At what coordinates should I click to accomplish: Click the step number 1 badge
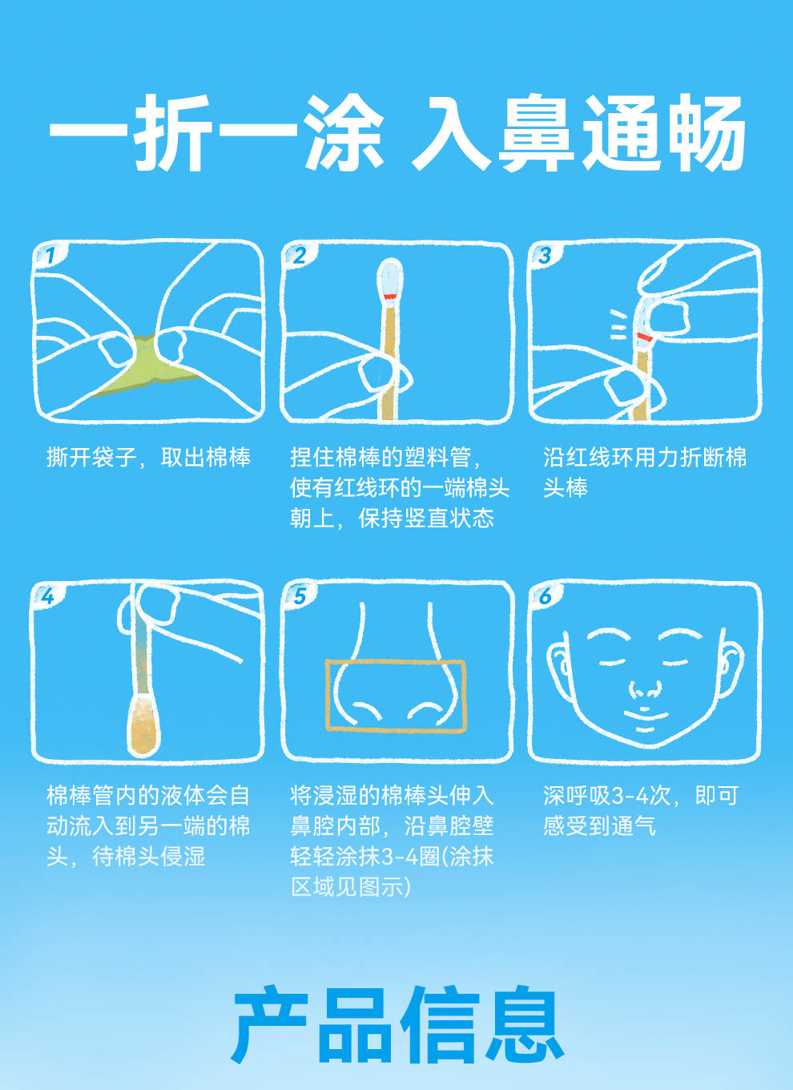[x=50, y=256]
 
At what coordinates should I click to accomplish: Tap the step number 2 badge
[x=300, y=256]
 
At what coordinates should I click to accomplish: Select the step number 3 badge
[x=545, y=256]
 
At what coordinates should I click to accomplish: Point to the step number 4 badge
[x=47, y=596]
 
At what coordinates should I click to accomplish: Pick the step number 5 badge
[x=300, y=596]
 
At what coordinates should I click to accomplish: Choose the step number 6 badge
[x=545, y=596]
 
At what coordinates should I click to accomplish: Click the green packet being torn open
[x=146, y=365]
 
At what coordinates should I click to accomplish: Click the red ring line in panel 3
[x=645, y=337]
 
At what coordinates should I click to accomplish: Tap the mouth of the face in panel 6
[x=646, y=715]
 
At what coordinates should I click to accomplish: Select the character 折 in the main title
[x=173, y=133]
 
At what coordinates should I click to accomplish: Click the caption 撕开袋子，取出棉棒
[x=149, y=457]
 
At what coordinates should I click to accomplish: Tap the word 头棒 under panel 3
[x=566, y=487]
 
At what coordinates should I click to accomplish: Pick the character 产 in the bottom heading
[x=271, y=1024]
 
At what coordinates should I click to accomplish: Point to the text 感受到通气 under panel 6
[x=599, y=826]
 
